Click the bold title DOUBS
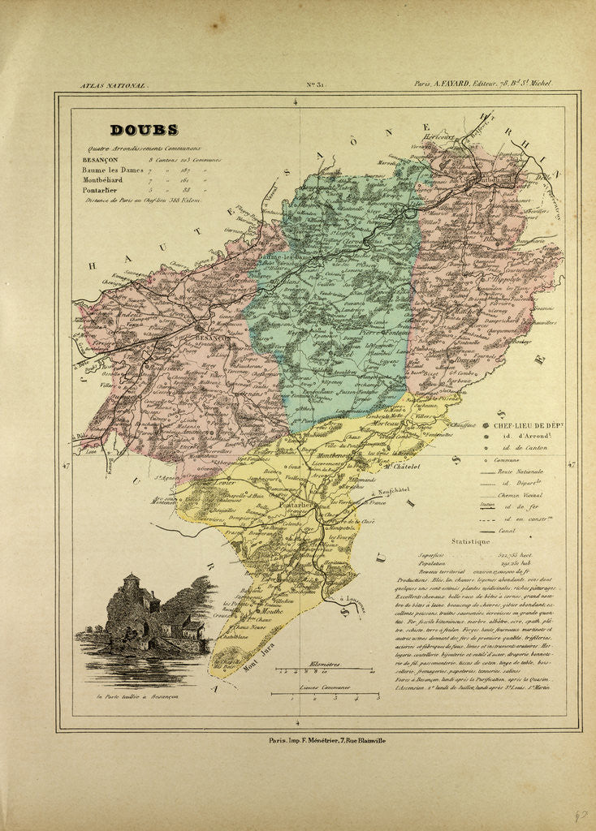144,130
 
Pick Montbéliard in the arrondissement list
106,179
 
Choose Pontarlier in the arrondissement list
102,189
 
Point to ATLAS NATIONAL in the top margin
113,84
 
